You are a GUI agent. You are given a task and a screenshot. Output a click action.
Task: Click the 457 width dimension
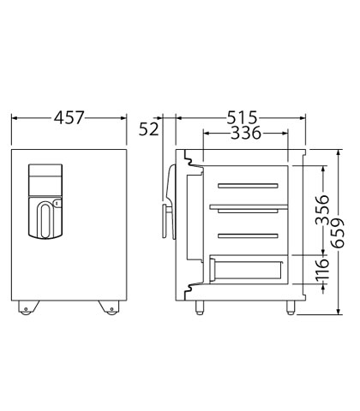point(69,117)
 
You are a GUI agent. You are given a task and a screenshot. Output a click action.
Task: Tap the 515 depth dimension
point(242,117)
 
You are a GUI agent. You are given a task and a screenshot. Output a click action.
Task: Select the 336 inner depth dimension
point(246,133)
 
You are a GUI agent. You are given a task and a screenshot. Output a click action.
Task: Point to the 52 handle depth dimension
point(148,129)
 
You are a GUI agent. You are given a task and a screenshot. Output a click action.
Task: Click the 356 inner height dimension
point(323,210)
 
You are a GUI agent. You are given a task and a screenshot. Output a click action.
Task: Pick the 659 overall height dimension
point(338,233)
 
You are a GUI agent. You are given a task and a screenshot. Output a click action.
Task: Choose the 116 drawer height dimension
point(323,269)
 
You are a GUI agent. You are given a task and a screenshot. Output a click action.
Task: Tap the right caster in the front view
point(109,307)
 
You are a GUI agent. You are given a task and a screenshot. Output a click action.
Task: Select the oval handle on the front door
point(45,220)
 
